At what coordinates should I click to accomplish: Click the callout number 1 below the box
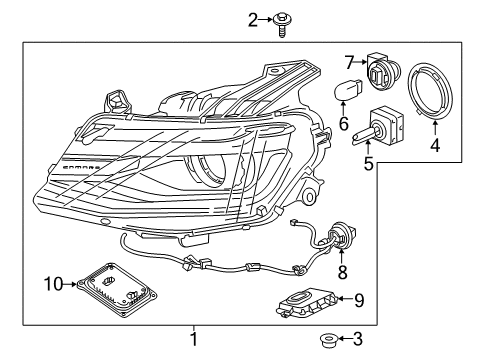point(194,339)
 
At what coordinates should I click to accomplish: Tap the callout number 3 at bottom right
point(356,340)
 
